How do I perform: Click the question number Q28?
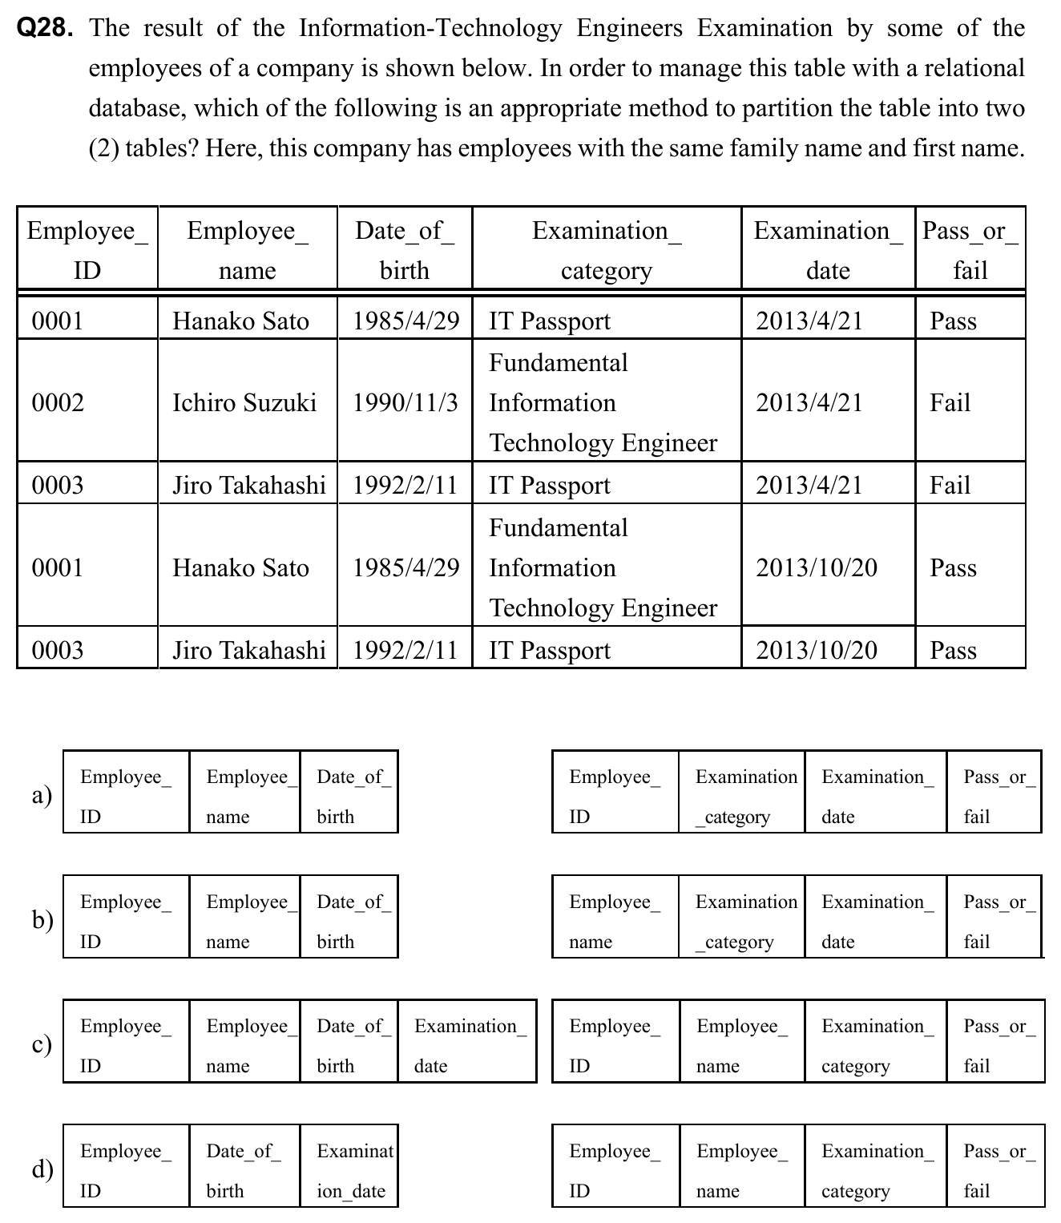46,29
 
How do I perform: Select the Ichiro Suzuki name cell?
244,402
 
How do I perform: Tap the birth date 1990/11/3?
405,402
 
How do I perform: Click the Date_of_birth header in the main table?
405,249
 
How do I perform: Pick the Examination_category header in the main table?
607,249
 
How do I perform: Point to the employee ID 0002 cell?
58,402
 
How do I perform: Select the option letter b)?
42,918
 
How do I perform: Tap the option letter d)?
42,1169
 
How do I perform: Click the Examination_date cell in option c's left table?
467,1045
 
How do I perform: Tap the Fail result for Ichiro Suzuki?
950,402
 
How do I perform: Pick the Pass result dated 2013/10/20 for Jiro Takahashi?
953,650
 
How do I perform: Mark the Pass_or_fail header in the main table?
970,249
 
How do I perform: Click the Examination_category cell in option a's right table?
743,796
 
